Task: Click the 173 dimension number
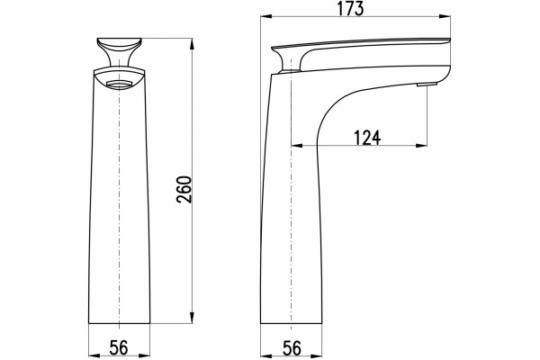tap(350, 8)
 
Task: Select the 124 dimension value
tap(367, 138)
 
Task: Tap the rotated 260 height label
tap(184, 189)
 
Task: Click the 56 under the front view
tap(119, 347)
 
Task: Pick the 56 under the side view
tap(292, 348)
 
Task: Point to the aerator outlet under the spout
tap(427, 84)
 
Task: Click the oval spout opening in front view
tap(119, 84)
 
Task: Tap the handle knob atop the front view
tap(119, 51)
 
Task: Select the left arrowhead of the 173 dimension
tap(266, 16)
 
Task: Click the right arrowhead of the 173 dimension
tap(445, 16)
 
